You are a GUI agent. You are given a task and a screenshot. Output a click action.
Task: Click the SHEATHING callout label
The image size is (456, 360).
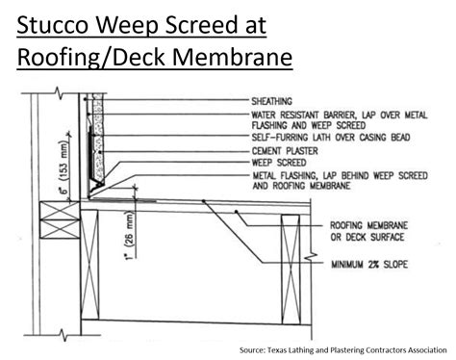[x=271, y=101]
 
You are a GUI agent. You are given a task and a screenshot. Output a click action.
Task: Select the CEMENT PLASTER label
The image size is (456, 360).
[x=285, y=151]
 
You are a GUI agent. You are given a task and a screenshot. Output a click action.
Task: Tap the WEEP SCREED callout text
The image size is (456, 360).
[x=279, y=163]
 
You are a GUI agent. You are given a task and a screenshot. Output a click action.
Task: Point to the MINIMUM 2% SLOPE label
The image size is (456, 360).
[x=369, y=265]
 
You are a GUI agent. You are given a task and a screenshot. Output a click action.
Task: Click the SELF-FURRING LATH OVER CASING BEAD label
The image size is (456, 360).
[x=331, y=138]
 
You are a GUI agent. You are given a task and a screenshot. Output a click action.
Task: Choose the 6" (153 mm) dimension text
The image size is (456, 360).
[x=65, y=167]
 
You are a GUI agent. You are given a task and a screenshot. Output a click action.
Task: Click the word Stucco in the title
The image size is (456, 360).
[x=52, y=25]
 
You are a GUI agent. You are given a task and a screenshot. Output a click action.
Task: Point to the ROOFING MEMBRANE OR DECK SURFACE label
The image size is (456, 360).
[x=368, y=231]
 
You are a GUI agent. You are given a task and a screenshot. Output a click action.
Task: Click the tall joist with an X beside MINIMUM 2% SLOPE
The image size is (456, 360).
[x=291, y=270]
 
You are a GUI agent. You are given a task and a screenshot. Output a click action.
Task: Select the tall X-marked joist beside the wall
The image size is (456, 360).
[x=89, y=265]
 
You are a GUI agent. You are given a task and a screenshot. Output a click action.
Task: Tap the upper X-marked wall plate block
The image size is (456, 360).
[x=60, y=211]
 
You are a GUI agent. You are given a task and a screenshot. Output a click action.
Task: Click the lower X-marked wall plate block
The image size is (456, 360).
[x=60, y=229]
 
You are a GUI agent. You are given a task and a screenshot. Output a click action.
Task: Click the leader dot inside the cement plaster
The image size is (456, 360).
[x=100, y=152]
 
